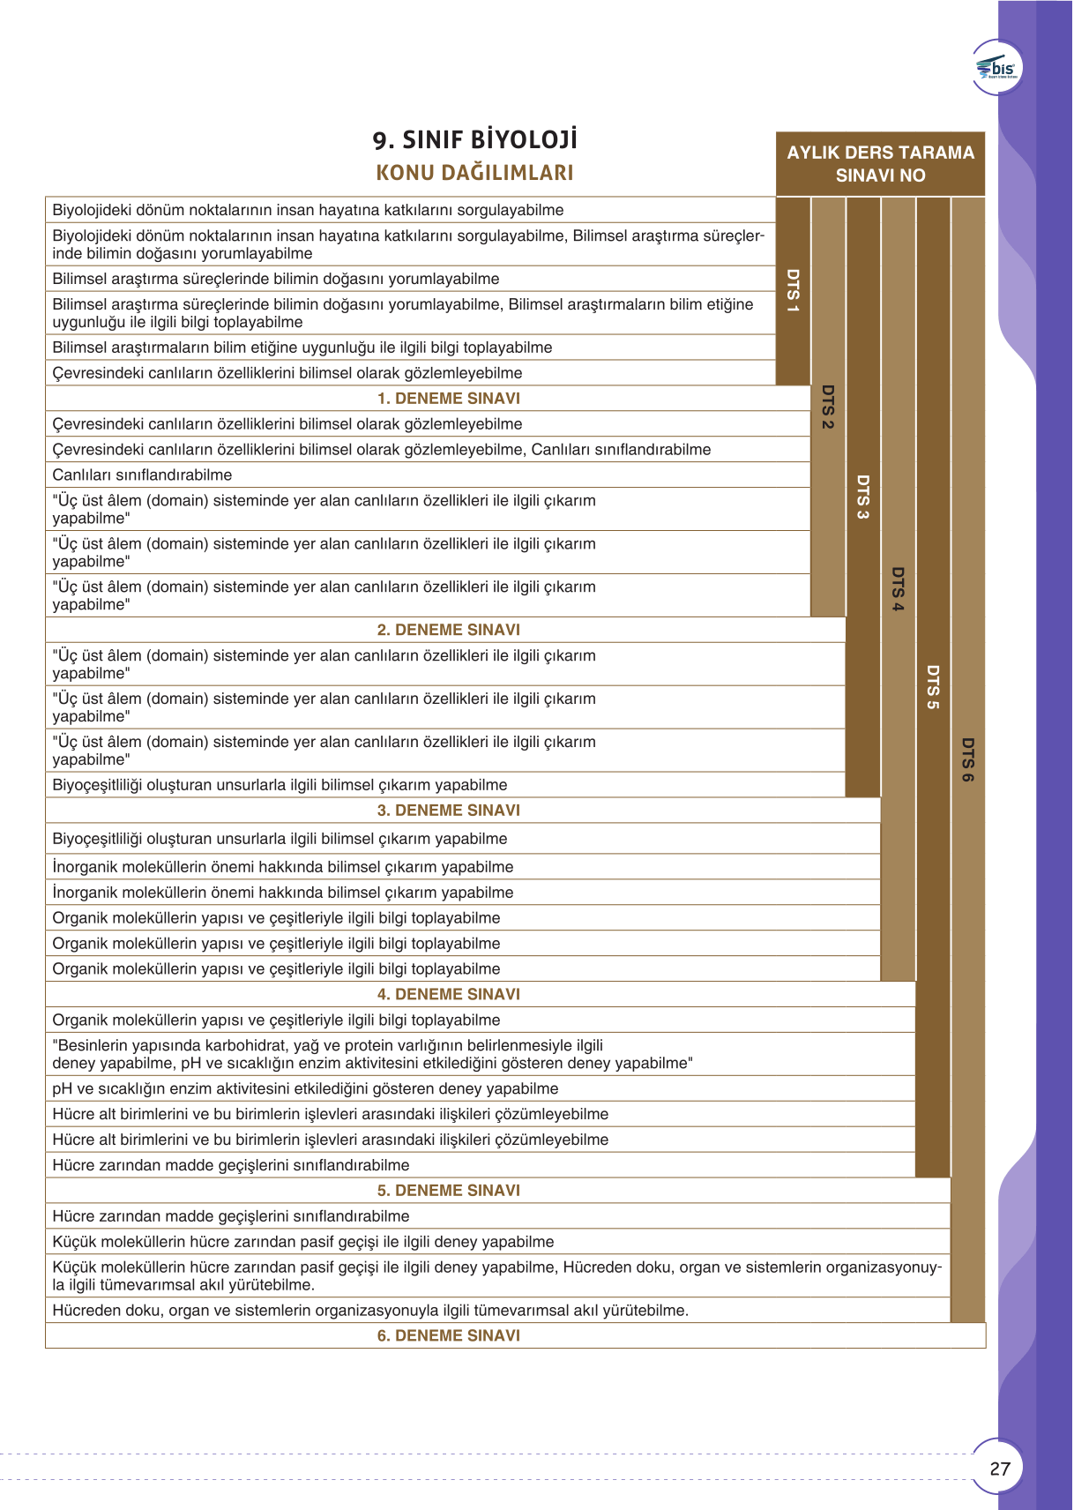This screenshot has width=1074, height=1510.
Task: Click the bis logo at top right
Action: click(997, 68)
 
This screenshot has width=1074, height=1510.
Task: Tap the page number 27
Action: click(1000, 1469)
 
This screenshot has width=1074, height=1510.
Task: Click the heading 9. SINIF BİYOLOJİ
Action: click(474, 140)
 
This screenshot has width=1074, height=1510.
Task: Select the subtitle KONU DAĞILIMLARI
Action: click(474, 173)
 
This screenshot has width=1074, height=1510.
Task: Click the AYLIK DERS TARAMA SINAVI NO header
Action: click(880, 164)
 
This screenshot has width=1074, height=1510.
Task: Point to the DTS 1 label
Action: click(793, 291)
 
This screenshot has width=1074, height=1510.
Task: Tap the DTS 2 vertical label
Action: click(828, 407)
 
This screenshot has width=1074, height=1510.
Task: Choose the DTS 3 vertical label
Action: click(863, 497)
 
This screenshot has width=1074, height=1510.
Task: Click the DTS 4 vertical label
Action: click(898, 589)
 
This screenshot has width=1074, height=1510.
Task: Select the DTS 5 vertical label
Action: click(933, 687)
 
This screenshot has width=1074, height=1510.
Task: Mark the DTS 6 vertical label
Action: click(968, 759)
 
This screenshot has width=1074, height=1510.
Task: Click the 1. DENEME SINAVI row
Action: click(449, 399)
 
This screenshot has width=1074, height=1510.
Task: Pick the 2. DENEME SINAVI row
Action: click(449, 630)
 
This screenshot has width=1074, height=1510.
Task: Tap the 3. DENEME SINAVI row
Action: click(449, 811)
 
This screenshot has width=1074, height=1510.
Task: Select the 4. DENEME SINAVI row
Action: click(449, 994)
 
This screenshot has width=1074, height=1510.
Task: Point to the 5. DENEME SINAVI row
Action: click(449, 1191)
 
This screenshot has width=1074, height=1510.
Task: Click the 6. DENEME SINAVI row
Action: click(449, 1335)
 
